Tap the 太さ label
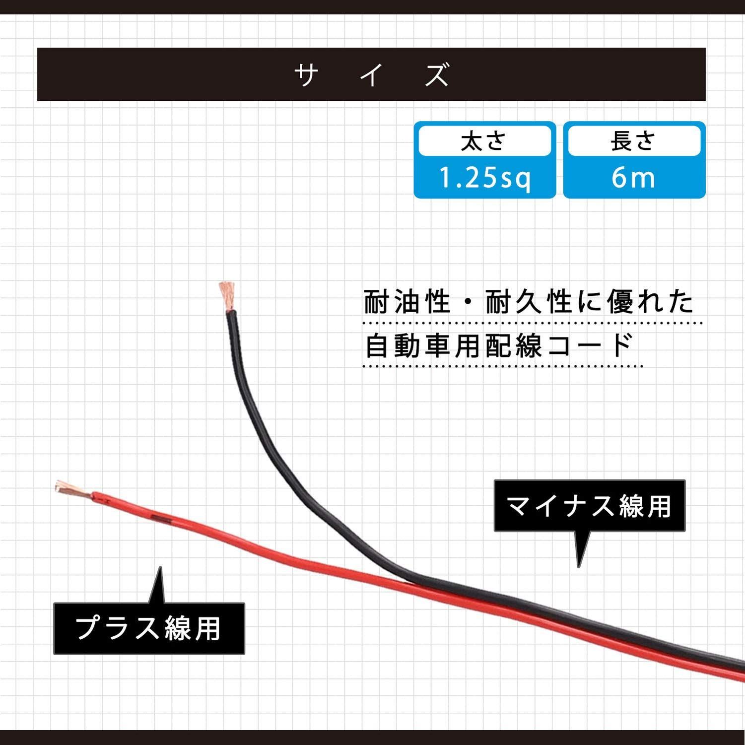[484, 141]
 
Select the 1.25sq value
[485, 178]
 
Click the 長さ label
[634, 141]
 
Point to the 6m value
[633, 178]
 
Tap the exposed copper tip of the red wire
[72, 489]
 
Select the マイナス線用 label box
[590, 506]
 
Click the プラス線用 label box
[149, 628]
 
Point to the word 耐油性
[407, 301]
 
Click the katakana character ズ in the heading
[437, 75]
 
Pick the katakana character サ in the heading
[306, 75]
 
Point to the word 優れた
[650, 301]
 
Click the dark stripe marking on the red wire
[161, 519]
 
